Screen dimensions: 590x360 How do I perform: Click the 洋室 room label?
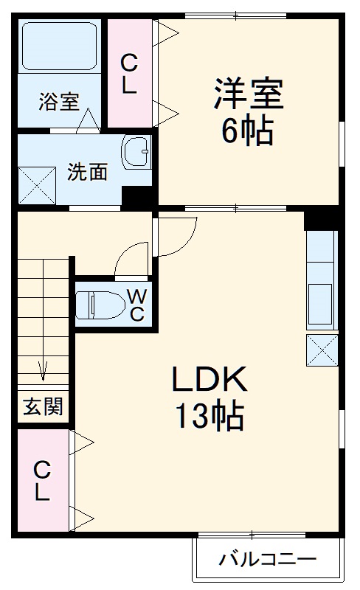click(x=249, y=97)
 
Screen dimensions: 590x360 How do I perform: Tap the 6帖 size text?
click(x=249, y=133)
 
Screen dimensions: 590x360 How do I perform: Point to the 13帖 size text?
click(x=209, y=417)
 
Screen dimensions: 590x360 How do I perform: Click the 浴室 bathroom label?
click(x=58, y=102)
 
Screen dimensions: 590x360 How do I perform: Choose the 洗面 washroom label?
click(x=88, y=172)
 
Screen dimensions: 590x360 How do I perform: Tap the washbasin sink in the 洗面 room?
click(x=136, y=153)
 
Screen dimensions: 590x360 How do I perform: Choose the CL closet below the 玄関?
click(x=42, y=480)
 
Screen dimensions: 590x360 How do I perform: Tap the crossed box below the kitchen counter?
click(x=322, y=350)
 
